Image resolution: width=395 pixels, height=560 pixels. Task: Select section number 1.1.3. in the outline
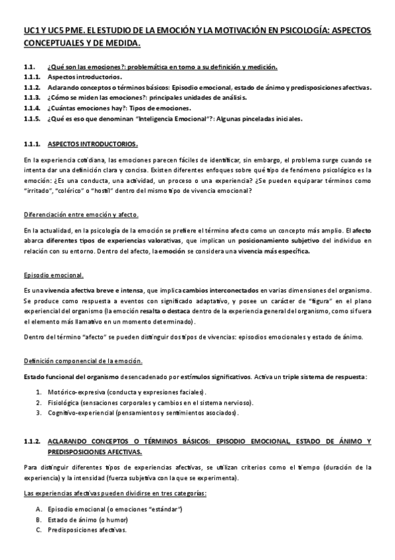(31, 97)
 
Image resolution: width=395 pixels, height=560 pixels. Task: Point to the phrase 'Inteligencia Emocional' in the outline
(170, 119)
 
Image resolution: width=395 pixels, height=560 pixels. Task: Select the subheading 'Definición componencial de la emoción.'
(82, 361)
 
